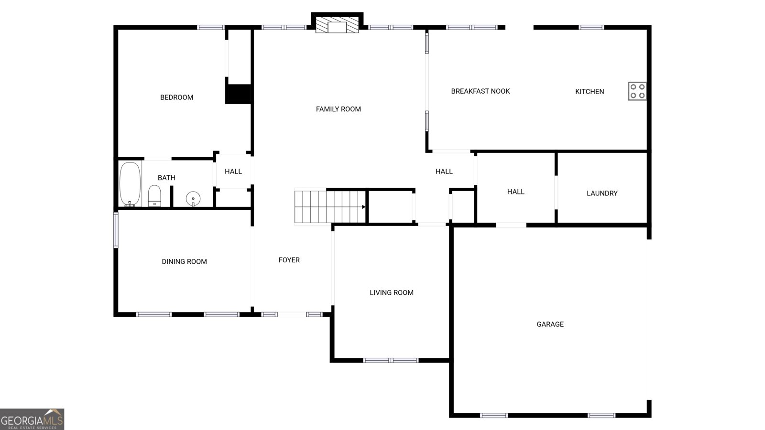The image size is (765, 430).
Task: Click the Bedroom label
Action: pyautogui.click(x=176, y=97)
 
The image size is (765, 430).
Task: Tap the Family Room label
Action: pyautogui.click(x=338, y=109)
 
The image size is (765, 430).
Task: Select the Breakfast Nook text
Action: pyautogui.click(x=480, y=91)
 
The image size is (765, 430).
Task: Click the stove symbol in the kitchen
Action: pyautogui.click(x=637, y=91)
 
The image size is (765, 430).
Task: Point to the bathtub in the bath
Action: pyautogui.click(x=130, y=184)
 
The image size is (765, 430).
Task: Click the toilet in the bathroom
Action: pyautogui.click(x=154, y=196)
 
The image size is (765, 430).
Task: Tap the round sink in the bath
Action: pyautogui.click(x=193, y=199)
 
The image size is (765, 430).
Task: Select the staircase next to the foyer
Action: pyautogui.click(x=330, y=207)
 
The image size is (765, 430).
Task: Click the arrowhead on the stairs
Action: pyautogui.click(x=364, y=207)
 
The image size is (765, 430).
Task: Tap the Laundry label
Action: pyautogui.click(x=602, y=193)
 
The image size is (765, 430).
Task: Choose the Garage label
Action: pyautogui.click(x=550, y=324)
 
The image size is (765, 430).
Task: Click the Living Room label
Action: pyautogui.click(x=392, y=293)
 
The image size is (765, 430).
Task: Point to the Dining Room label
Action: pyautogui.click(x=184, y=262)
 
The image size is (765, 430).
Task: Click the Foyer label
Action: pyautogui.click(x=289, y=260)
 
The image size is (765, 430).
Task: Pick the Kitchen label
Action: pyautogui.click(x=590, y=91)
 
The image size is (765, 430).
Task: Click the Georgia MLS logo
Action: pyautogui.click(x=32, y=419)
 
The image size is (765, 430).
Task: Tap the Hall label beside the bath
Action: pyautogui.click(x=233, y=172)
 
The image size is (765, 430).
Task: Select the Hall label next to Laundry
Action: pyautogui.click(x=515, y=192)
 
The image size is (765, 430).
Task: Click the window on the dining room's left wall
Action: pyautogui.click(x=116, y=230)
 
